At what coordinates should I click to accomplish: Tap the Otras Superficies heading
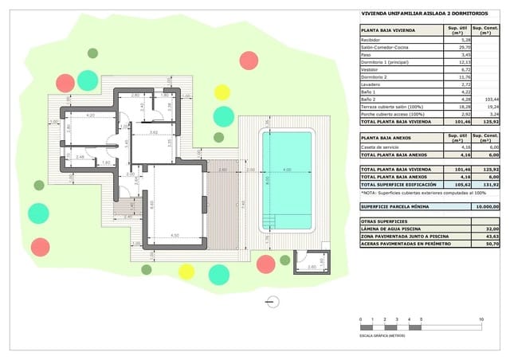pos(384,221)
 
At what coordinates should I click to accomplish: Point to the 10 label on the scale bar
pos(481,319)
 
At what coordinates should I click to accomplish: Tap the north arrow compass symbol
pos(273,300)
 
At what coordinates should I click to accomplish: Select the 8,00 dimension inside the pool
pos(269,179)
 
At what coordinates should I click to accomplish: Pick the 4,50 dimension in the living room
pos(175,235)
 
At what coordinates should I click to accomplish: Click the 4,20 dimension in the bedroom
pos(90,115)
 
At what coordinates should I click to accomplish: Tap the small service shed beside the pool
pos(305,261)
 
